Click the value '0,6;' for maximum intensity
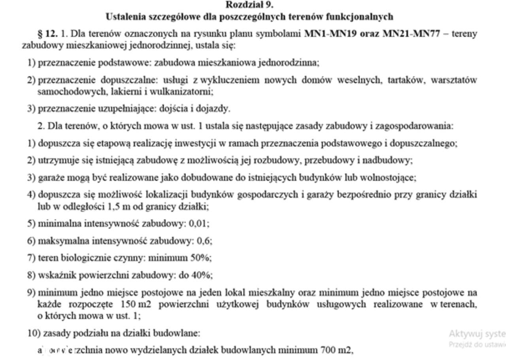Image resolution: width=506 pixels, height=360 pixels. (x=207, y=241)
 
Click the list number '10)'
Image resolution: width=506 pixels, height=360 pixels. (x=34, y=333)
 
